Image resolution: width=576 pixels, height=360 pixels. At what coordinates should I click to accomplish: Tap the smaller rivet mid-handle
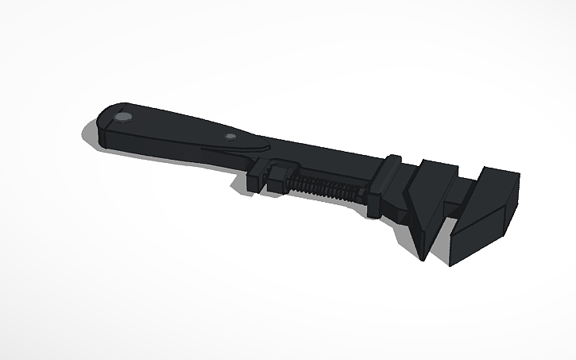tap(230, 137)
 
